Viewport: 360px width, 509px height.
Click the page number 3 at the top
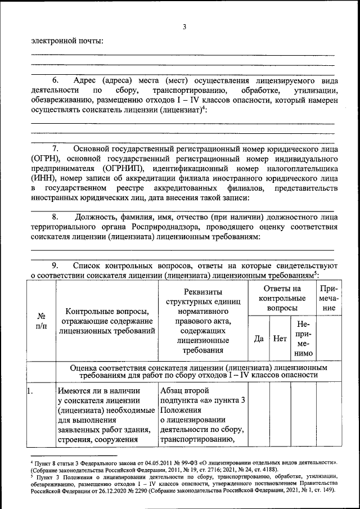pyautogui.click(x=184, y=26)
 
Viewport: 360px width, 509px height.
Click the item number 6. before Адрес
pyautogui.click(x=56, y=80)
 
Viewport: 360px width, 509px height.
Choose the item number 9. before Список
pyautogui.click(x=56, y=265)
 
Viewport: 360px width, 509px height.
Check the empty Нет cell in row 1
pyautogui.click(x=280, y=416)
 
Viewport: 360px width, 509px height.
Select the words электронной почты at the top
pyautogui.click(x=67, y=40)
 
